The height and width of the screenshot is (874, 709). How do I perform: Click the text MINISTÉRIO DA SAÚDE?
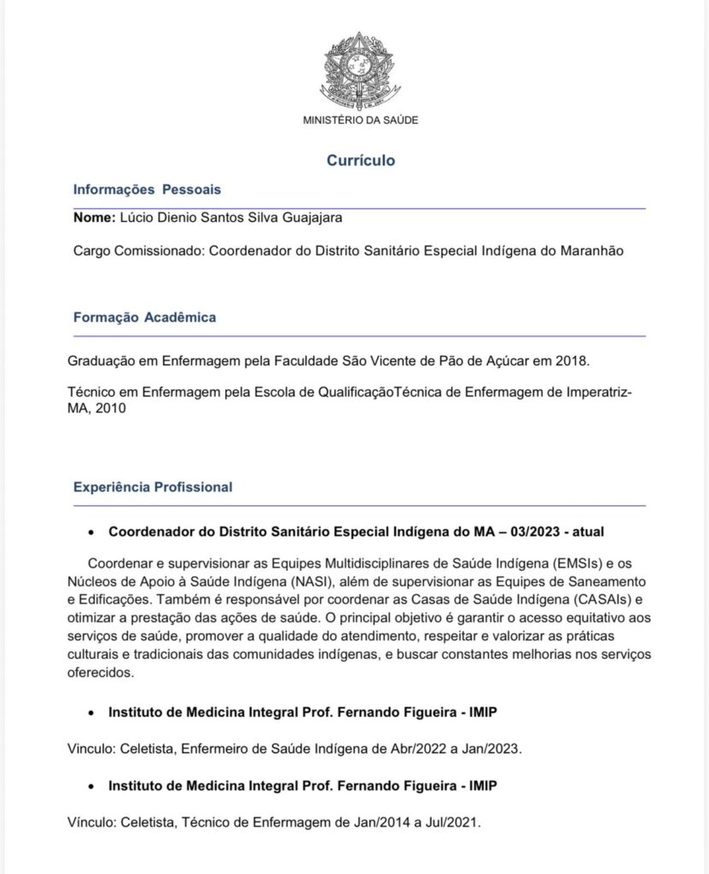[x=360, y=120]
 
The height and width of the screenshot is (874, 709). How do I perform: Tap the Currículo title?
[x=360, y=160]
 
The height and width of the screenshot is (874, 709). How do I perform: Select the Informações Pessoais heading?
[x=147, y=189]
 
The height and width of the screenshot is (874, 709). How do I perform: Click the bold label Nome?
[x=94, y=218]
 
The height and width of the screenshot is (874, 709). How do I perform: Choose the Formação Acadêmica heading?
[x=144, y=318]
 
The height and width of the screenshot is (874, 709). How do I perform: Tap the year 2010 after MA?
[x=110, y=409]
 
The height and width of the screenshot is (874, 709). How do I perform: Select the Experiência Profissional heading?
[x=153, y=487]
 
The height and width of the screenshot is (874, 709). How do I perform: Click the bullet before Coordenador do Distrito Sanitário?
[x=91, y=532]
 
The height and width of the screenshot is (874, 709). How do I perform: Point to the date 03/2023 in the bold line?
[x=538, y=531]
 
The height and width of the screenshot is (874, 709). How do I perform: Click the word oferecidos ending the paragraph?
[x=102, y=672]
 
